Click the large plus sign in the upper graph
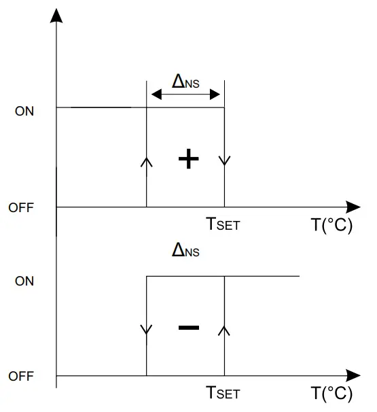(x=188, y=160)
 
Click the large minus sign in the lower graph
(x=188, y=328)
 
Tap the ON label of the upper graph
(x=24, y=111)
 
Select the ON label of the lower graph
(x=24, y=281)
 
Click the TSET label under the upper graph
(x=223, y=224)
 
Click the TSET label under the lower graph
(x=223, y=393)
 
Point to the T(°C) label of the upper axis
(x=331, y=225)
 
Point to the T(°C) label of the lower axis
(x=331, y=394)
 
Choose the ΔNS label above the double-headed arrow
(x=186, y=82)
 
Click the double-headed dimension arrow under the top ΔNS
(x=185, y=95)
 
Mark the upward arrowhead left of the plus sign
(x=147, y=161)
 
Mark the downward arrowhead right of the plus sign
(x=225, y=161)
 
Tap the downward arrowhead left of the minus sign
(x=147, y=330)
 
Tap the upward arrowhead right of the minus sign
(x=225, y=330)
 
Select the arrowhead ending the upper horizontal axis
(x=353, y=207)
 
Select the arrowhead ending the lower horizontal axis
(x=353, y=375)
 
